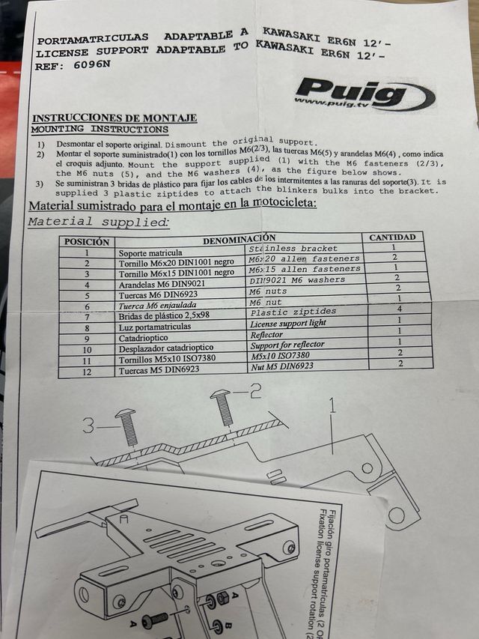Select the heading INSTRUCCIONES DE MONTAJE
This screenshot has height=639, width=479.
[115, 118]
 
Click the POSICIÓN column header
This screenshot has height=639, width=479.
[87, 242]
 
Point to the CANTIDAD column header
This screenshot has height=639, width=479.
[392, 237]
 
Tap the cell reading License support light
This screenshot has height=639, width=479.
[287, 323]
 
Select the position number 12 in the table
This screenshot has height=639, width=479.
[88, 372]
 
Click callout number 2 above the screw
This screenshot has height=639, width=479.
[255, 390]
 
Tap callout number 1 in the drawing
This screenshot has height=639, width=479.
[331, 410]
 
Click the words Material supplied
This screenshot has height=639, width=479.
[97, 221]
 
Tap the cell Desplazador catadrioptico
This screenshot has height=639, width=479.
[165, 348]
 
